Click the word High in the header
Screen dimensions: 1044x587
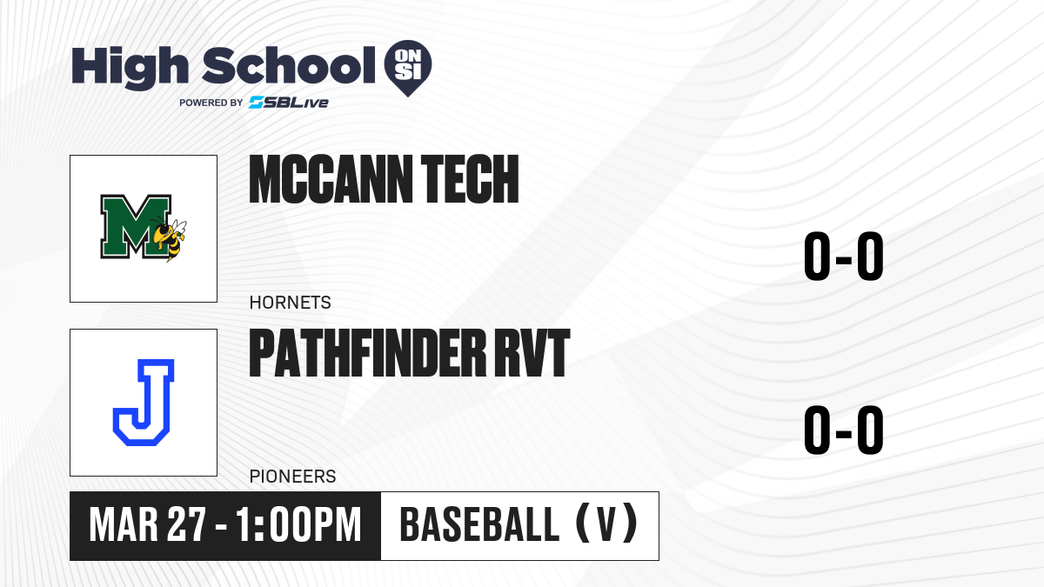point(130,67)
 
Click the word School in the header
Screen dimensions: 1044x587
point(289,64)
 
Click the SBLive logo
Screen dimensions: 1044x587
point(289,103)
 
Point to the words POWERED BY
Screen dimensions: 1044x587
point(211,103)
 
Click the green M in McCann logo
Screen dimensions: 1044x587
point(135,226)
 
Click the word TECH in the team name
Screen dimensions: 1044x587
point(470,179)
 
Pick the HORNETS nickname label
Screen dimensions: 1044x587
point(290,303)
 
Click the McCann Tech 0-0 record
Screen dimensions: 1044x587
point(844,257)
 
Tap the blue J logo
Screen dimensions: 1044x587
point(144,403)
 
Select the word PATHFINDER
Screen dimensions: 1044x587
point(368,353)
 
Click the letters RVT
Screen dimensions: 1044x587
point(532,353)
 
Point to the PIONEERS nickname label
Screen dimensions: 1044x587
point(292,477)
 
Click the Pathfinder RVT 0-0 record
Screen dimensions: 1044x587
point(844,430)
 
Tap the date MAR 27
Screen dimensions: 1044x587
point(147,525)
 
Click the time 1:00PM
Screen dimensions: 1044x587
point(298,525)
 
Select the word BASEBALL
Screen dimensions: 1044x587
point(479,525)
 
